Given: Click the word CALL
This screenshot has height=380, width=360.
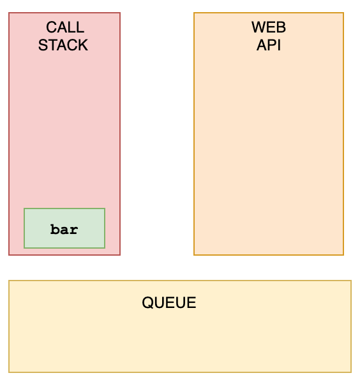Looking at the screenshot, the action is (65, 27).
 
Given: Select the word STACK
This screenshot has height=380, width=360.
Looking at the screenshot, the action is (63, 45).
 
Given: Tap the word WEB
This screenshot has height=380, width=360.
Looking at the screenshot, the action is (269, 27).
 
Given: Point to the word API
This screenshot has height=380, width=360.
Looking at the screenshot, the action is (269, 45).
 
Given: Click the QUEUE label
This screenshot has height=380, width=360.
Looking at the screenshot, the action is (169, 302).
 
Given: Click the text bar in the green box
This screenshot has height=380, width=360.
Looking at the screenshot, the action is (64, 230).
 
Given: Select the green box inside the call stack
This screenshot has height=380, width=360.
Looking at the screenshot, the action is (64, 228).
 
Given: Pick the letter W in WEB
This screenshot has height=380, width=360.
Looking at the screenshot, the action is (259, 27).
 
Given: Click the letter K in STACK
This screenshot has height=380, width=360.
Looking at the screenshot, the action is (83, 45).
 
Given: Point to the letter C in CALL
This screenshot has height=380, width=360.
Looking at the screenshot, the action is (52, 27).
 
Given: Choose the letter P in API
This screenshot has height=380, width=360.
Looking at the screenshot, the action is (272, 45).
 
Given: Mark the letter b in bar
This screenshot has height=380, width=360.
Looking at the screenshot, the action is (54, 230).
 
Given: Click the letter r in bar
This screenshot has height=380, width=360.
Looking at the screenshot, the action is (74, 230).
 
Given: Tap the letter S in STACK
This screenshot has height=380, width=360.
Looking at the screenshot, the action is (43, 45).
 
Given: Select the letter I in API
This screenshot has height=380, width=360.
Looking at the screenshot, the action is (279, 45).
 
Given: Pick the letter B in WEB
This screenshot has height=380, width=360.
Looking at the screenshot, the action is (281, 27).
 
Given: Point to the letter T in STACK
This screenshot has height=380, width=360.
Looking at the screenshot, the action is (52, 45).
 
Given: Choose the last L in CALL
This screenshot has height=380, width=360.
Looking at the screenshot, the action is (80, 27).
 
